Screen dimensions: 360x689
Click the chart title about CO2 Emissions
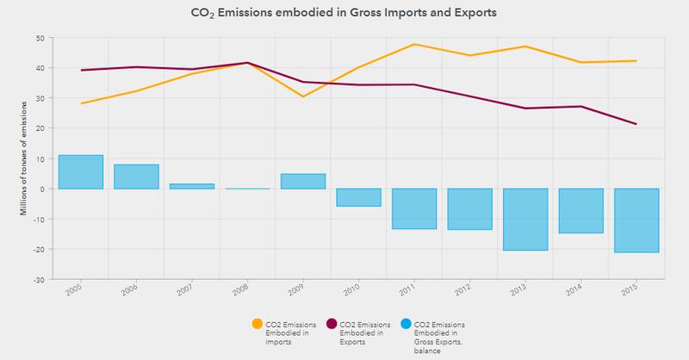click(344, 14)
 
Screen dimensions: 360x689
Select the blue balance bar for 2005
click(81, 171)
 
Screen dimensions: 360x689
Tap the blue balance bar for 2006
click(136, 177)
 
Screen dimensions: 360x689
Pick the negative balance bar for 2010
click(358, 197)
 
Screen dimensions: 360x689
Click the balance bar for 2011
click(414, 208)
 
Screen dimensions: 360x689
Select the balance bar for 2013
click(525, 219)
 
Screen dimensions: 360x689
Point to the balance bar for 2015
click(636, 220)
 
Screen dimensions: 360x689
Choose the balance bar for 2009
click(303, 181)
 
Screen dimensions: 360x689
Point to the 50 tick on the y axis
click(40, 38)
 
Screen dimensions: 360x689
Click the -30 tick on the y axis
click(39, 279)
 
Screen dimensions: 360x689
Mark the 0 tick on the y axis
click(42, 189)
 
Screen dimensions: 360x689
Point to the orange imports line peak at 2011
click(414, 44)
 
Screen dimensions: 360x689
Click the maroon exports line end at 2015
click(636, 124)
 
